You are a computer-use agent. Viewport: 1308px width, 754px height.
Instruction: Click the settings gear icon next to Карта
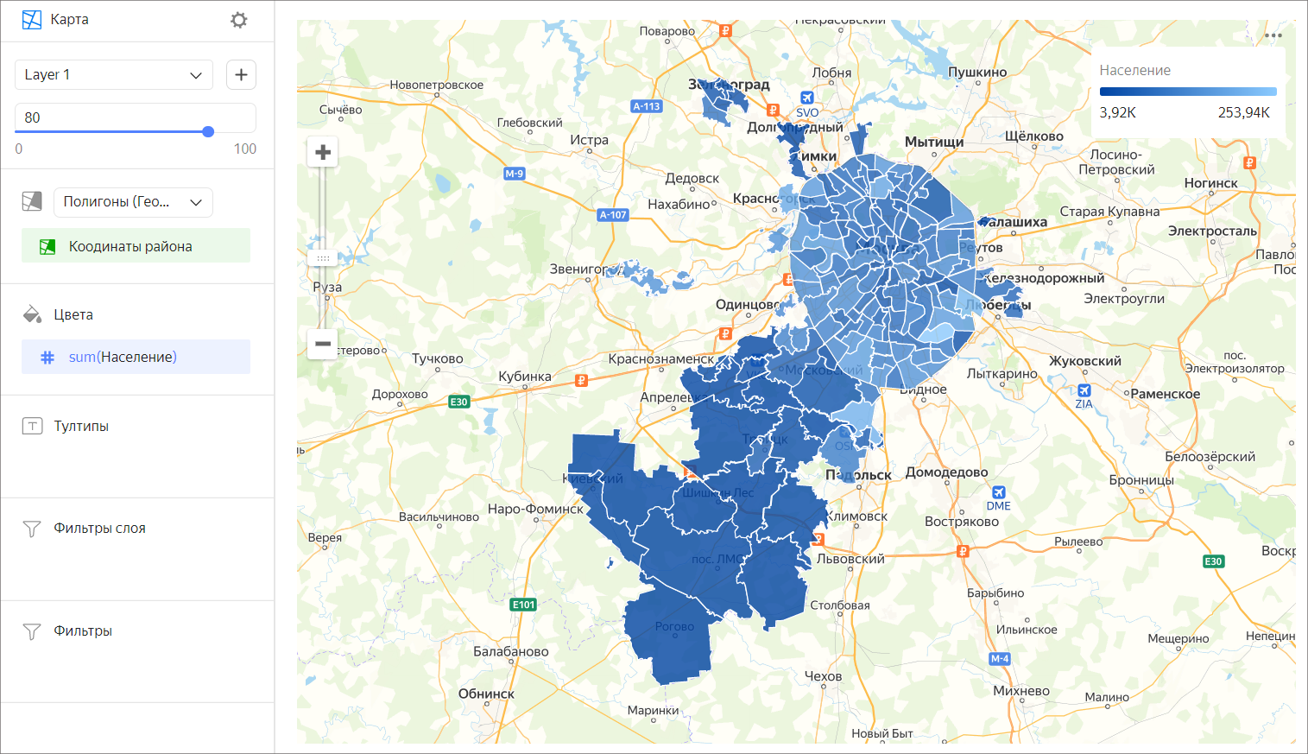click(239, 20)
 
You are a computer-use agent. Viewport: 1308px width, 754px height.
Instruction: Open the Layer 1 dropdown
click(113, 75)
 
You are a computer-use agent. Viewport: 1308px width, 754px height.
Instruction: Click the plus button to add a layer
click(241, 75)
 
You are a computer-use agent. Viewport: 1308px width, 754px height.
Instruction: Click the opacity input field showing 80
click(135, 117)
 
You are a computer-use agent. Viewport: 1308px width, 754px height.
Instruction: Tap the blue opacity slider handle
click(208, 132)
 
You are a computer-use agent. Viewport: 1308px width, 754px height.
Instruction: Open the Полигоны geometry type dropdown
click(133, 202)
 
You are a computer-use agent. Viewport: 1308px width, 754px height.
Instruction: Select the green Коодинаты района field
click(136, 247)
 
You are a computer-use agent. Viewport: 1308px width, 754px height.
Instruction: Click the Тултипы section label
click(81, 427)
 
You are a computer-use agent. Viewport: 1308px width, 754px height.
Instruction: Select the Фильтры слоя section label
click(99, 529)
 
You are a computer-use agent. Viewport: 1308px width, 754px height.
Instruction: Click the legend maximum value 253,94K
click(1243, 113)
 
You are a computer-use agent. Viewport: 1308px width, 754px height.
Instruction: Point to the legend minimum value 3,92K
click(1117, 113)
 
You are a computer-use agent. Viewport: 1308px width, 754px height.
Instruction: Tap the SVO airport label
click(807, 112)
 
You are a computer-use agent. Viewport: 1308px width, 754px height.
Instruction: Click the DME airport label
click(998, 506)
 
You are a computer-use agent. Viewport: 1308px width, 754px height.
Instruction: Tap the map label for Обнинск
click(486, 694)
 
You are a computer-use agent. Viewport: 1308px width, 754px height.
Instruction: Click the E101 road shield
click(523, 605)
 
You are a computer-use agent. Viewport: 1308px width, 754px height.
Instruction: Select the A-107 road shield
click(613, 215)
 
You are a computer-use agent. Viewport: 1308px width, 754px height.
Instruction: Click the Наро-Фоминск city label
click(535, 510)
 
